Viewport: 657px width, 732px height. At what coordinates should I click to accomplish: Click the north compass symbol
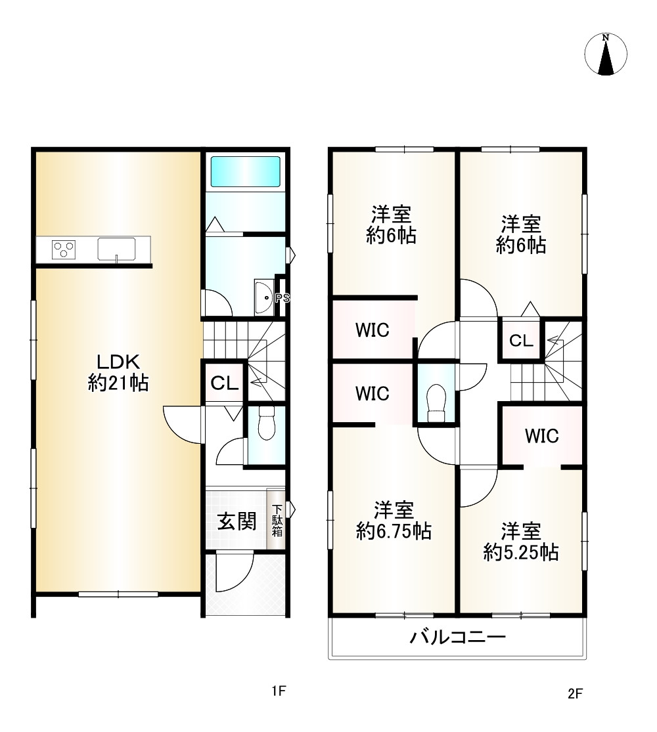(606, 54)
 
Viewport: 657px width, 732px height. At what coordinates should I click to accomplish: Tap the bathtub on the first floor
(245, 172)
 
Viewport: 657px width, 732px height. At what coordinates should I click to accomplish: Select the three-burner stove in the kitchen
(64, 249)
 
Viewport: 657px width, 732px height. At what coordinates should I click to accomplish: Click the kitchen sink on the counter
(116, 249)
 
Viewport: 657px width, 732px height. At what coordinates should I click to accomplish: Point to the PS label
(283, 298)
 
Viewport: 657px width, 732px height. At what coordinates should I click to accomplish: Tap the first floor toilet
(266, 423)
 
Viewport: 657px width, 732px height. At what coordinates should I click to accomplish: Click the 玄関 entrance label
(237, 521)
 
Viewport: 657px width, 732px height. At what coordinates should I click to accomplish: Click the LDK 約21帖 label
(118, 372)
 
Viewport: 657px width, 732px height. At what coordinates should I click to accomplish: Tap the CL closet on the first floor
(224, 383)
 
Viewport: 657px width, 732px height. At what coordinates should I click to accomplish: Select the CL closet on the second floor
(521, 341)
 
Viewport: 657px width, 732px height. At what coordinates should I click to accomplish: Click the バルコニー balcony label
(457, 637)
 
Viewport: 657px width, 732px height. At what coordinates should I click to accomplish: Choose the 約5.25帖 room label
(521, 542)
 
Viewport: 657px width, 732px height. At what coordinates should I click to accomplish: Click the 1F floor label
(279, 691)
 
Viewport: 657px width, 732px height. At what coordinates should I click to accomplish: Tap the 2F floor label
(576, 694)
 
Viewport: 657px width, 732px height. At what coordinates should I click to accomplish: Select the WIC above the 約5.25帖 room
(541, 436)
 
